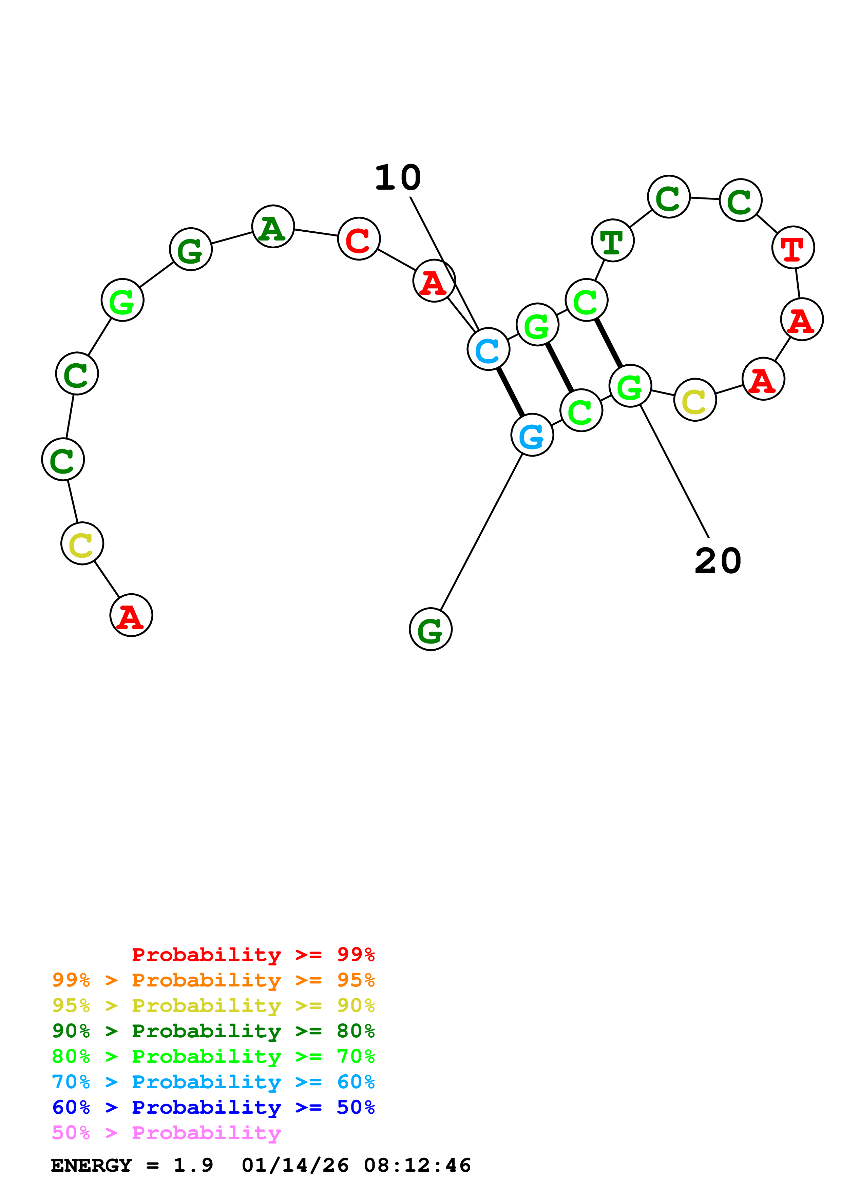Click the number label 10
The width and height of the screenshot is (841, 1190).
[398, 178]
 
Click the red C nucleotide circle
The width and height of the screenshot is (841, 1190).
[359, 239]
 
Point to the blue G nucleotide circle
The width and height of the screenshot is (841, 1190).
[532, 435]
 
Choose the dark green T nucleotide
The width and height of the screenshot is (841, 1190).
[612, 241]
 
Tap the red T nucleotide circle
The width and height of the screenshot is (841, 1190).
[793, 247]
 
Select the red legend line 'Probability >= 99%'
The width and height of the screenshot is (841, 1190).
[253, 955]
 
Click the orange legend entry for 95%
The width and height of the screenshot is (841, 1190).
[213, 980]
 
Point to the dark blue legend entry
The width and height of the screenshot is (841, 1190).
[213, 1107]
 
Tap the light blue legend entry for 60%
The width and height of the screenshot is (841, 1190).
[213, 1082]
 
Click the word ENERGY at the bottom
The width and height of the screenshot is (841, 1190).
[91, 1165]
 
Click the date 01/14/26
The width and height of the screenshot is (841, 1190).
[295, 1165]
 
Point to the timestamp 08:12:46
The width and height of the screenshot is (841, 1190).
[417, 1165]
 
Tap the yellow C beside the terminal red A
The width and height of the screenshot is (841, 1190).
[82, 544]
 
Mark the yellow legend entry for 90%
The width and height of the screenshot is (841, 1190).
[213, 1005]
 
